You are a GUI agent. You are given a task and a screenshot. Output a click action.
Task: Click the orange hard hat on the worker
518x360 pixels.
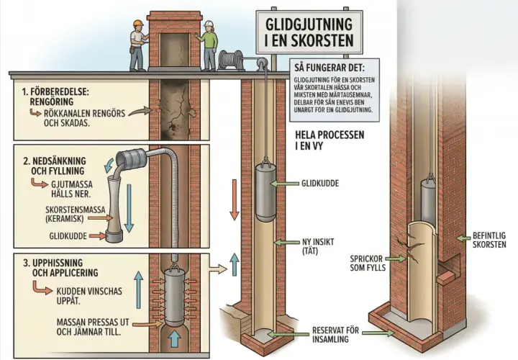[138, 23]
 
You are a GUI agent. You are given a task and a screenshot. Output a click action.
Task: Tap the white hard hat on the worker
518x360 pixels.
[209, 24]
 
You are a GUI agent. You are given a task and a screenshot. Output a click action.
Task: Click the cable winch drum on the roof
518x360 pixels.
[230, 60]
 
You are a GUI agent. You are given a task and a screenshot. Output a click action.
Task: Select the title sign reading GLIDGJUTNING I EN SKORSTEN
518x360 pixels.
[309, 32]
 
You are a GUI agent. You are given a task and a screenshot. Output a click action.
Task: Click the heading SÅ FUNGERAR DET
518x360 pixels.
[330, 68]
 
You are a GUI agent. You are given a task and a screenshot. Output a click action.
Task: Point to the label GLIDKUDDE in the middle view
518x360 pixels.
[320, 184]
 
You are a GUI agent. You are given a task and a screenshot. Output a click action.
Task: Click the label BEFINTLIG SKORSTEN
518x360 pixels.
[489, 240]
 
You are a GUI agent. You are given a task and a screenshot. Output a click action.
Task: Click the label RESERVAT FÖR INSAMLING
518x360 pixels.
[331, 335]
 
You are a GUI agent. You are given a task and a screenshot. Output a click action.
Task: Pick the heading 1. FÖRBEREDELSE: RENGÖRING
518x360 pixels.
[55, 96]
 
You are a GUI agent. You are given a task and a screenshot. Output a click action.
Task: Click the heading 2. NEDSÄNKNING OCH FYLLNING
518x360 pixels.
[55, 166]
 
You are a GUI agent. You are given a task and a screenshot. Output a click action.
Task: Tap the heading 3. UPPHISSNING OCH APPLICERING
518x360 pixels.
[60, 268]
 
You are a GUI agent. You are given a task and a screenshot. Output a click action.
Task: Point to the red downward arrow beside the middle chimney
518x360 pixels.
[235, 199]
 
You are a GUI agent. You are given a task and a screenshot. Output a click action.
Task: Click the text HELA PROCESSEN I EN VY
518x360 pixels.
[330, 140]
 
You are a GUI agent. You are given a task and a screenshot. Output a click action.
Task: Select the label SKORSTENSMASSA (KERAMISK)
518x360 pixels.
[76, 214]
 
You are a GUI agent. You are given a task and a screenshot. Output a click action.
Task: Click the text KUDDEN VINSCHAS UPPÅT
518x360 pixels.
[89, 296]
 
